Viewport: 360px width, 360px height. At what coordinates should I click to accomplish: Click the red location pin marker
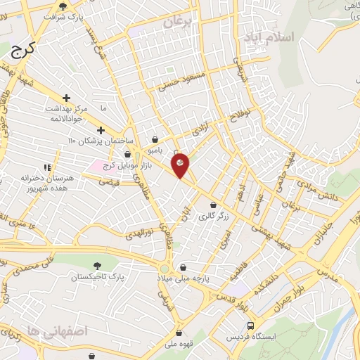[x=181, y=165]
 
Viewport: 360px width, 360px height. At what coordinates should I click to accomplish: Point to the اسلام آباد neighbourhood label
[x=266, y=37]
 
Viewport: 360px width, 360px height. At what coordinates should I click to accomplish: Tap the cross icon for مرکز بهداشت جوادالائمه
[x=66, y=98]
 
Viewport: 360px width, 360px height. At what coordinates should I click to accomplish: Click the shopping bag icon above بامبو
[x=154, y=140]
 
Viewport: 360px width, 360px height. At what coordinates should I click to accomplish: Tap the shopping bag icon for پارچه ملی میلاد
[x=184, y=267]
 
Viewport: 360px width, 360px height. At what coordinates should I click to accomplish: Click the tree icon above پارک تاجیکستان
[x=96, y=266]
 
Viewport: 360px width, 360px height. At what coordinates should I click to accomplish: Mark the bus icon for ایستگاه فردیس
[x=251, y=326]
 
